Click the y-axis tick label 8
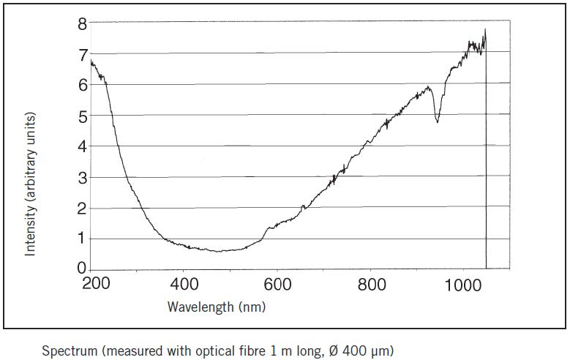click(x=83, y=23)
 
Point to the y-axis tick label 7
click(x=83, y=54)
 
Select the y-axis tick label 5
click(x=83, y=116)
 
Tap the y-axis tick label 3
click(x=83, y=178)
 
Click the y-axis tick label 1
click(x=83, y=239)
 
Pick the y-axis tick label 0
click(x=83, y=269)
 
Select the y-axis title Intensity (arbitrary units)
click(x=31, y=184)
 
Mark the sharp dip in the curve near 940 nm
click(x=438, y=121)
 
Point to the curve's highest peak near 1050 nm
click(x=484, y=30)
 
